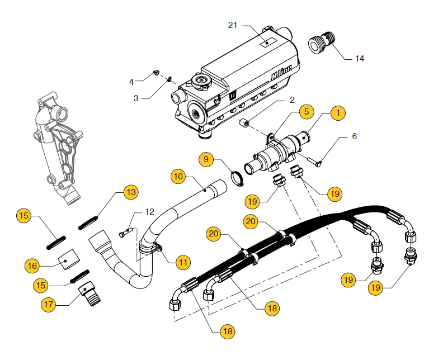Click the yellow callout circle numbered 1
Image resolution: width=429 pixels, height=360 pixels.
(338, 113)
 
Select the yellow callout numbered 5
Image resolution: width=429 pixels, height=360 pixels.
(307, 112)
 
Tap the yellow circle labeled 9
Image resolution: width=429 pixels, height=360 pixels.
(206, 159)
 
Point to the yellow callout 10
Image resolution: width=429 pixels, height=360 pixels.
(178, 176)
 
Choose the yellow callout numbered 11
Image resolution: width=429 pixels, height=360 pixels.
(183, 262)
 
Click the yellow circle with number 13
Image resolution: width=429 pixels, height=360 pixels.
(131, 192)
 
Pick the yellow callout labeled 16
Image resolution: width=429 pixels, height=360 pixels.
(32, 266)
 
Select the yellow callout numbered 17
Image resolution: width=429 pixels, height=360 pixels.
(49, 305)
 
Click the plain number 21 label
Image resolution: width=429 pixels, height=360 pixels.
(233, 25)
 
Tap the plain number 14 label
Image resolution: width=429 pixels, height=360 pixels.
(360, 59)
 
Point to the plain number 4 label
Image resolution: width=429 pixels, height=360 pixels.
(131, 82)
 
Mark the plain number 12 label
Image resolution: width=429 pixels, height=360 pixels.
(149, 211)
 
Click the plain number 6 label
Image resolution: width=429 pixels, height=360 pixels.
(354, 136)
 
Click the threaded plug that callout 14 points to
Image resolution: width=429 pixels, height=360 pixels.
(322, 42)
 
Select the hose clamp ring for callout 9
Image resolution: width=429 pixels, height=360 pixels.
(237, 178)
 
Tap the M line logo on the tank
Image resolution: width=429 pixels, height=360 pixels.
(281, 73)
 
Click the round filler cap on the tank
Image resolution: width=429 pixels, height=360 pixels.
(201, 82)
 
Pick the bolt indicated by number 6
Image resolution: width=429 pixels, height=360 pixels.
(314, 162)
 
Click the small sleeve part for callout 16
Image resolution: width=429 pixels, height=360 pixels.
(68, 259)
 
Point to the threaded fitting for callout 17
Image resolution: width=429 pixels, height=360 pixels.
(89, 293)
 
